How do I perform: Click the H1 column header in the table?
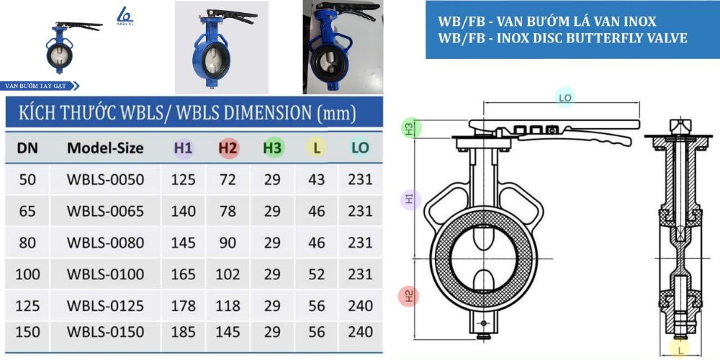[184, 148]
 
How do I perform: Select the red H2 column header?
[228, 148]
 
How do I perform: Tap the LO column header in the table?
[360, 148]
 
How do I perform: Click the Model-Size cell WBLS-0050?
[106, 179]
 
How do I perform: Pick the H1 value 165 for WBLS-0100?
[183, 274]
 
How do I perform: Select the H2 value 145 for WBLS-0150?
[228, 331]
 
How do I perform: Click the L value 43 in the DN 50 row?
[317, 179]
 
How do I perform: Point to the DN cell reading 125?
[27, 305]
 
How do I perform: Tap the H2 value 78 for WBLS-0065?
[228, 211]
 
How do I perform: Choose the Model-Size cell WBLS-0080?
[106, 243]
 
